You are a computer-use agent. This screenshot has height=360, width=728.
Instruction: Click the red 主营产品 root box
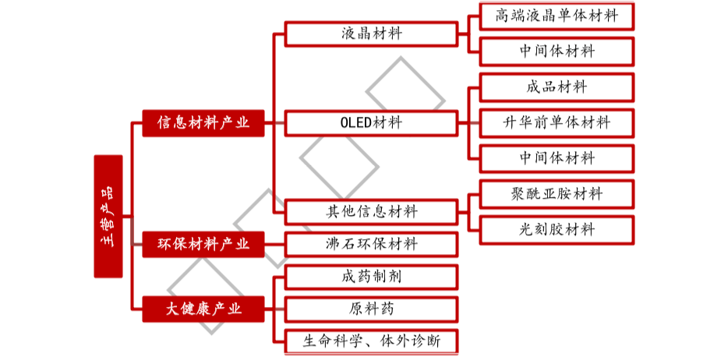108,216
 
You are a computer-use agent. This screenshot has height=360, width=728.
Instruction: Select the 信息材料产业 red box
203,122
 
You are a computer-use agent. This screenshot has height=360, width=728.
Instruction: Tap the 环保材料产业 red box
203,245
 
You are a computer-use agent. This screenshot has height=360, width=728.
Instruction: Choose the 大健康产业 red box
203,309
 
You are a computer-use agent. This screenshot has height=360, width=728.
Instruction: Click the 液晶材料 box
371,34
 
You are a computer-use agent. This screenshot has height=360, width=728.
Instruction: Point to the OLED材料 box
371,122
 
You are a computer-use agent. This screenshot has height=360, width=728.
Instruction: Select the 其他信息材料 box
371,212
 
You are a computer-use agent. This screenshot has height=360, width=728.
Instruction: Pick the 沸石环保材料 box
371,245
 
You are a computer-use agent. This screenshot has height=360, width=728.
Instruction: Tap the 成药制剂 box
371,277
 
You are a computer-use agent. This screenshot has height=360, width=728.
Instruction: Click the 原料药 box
371,309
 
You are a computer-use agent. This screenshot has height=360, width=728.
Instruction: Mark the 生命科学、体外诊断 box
371,341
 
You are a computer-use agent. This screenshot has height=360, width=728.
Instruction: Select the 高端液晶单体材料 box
557,16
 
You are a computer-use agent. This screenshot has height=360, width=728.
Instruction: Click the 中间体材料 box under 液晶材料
557,51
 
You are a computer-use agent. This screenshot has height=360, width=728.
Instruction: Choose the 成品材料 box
557,86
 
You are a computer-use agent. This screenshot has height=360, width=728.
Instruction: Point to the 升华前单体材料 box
557,122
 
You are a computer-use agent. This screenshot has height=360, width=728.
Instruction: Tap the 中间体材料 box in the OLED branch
557,158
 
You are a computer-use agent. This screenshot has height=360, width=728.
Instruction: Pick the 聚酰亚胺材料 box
557,194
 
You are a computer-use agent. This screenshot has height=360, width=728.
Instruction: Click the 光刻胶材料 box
557,229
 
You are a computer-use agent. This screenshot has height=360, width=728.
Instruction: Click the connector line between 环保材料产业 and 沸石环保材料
274,245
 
